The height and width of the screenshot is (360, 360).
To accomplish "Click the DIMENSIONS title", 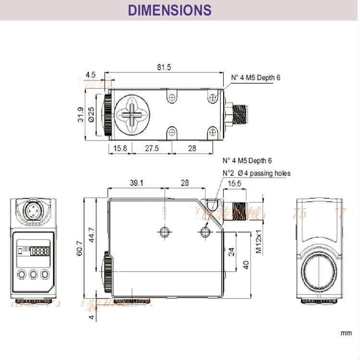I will point(170,10).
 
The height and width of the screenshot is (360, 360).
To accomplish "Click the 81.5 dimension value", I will point(164,67).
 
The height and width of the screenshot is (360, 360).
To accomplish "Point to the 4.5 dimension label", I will point(90,75).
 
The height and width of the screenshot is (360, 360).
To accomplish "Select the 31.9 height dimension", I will point(81,115).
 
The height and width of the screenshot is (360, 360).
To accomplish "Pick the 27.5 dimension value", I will point(151,148).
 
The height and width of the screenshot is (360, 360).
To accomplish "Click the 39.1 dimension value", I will point(137,183).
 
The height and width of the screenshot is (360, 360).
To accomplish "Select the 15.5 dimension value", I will point(234,183).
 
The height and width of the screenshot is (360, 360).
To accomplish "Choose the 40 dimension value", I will point(246,264).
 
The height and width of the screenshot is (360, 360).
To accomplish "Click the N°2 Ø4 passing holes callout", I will point(256,173).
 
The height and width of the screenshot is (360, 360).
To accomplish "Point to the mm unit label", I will point(346,333).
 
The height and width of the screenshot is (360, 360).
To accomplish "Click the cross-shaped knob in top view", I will point(131,114).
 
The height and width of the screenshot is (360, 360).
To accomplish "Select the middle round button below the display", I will point(33,274).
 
